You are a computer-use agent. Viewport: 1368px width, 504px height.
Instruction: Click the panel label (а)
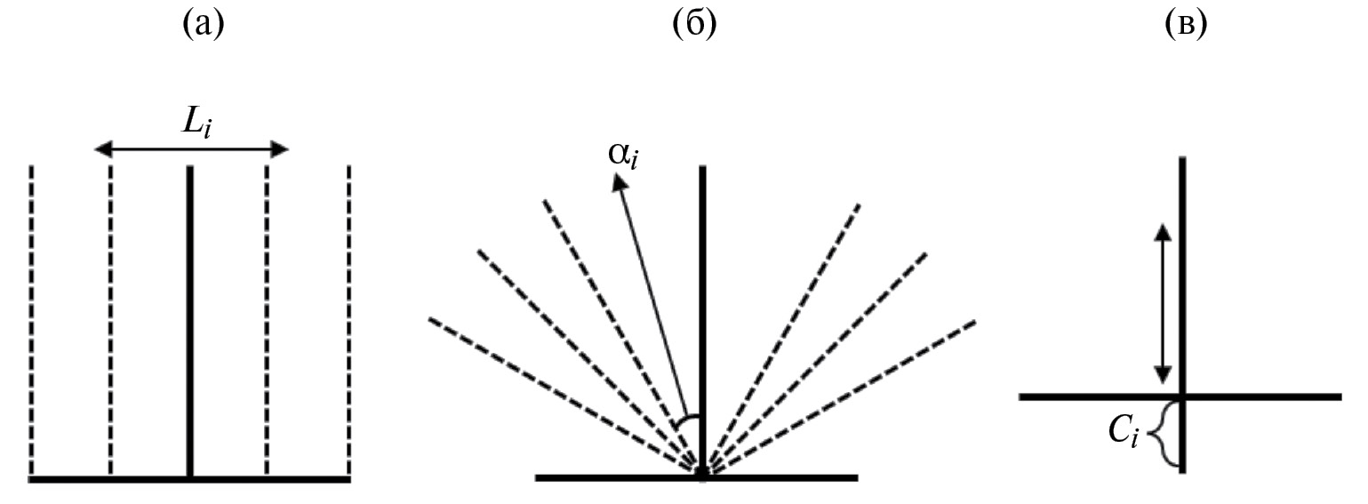[204, 25]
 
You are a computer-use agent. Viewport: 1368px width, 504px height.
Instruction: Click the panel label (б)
[694, 25]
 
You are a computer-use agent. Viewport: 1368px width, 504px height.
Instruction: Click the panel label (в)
[1186, 25]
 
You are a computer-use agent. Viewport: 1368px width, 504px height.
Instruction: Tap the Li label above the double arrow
[196, 124]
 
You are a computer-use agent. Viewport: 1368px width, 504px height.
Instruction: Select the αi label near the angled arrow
[623, 155]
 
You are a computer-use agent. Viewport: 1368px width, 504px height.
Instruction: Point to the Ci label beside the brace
[1123, 433]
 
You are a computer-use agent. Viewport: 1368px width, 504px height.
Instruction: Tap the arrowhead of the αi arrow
[620, 181]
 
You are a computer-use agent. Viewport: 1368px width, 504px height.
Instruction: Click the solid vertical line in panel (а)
[190, 322]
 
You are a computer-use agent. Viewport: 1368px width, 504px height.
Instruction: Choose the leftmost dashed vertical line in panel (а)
[31, 321]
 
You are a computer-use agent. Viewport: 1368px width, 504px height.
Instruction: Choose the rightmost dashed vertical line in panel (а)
[348, 321]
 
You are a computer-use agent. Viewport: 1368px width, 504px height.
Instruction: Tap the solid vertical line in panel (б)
[702, 322]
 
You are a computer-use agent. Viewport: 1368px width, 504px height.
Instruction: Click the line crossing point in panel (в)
[1182, 397]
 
